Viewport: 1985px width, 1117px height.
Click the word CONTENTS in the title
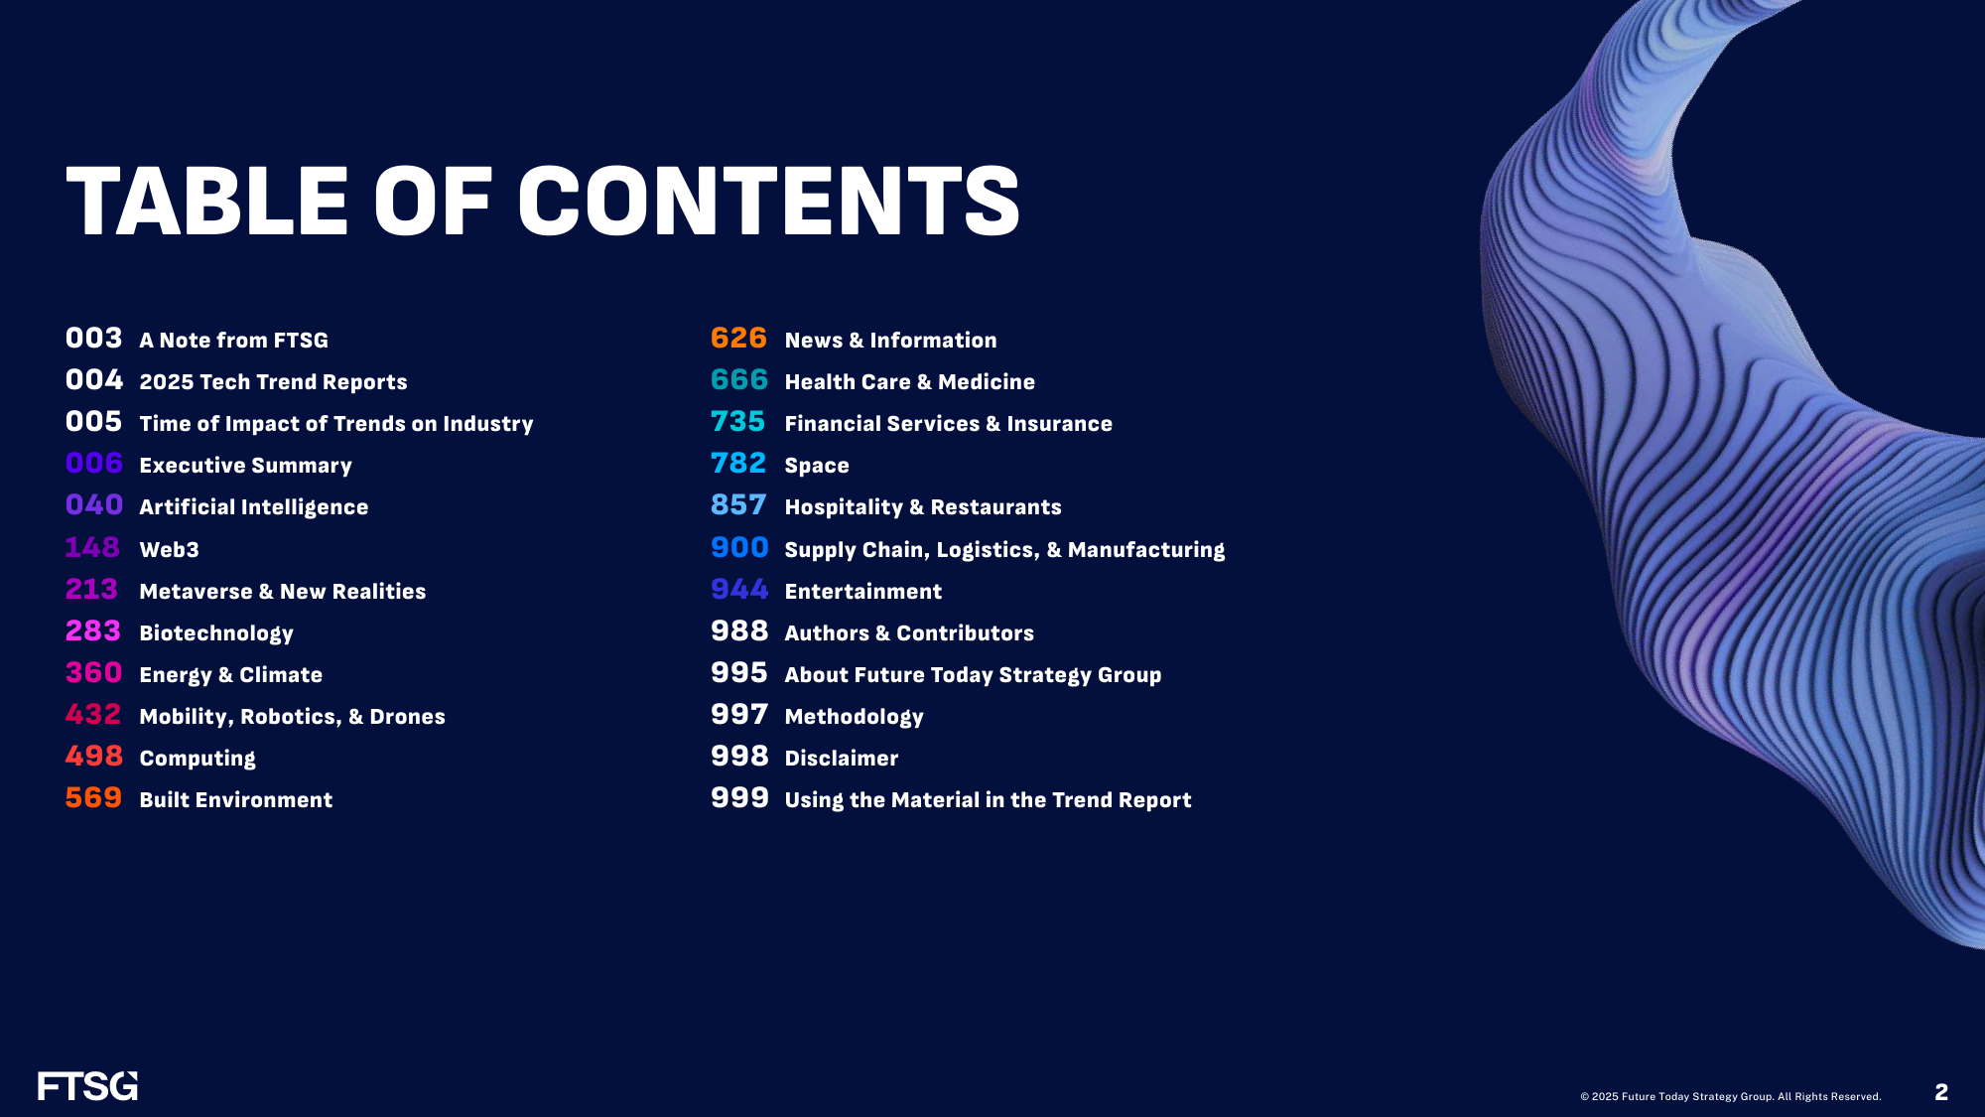point(769,202)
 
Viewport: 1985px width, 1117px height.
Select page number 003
point(94,339)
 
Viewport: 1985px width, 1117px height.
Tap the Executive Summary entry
point(245,466)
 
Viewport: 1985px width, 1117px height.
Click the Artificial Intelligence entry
point(254,507)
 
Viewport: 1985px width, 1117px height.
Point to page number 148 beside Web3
point(92,548)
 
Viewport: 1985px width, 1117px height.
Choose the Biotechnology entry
point(216,633)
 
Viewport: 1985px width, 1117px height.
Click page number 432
point(93,715)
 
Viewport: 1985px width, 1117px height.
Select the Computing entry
point(198,759)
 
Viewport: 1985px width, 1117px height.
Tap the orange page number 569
point(93,798)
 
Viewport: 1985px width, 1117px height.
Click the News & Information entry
point(890,341)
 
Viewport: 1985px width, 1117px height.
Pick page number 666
point(739,380)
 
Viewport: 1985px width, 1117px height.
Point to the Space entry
point(817,466)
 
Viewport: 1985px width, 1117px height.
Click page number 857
point(738,505)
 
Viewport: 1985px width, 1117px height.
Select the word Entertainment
point(863,592)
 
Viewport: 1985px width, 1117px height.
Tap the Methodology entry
point(855,717)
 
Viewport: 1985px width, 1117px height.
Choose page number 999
point(739,798)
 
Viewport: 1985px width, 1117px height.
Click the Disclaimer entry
point(842,759)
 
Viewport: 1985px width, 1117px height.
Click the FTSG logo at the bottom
point(87,1086)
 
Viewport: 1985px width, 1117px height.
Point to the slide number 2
point(1941,1092)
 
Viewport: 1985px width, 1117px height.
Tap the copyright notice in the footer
point(1731,1096)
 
